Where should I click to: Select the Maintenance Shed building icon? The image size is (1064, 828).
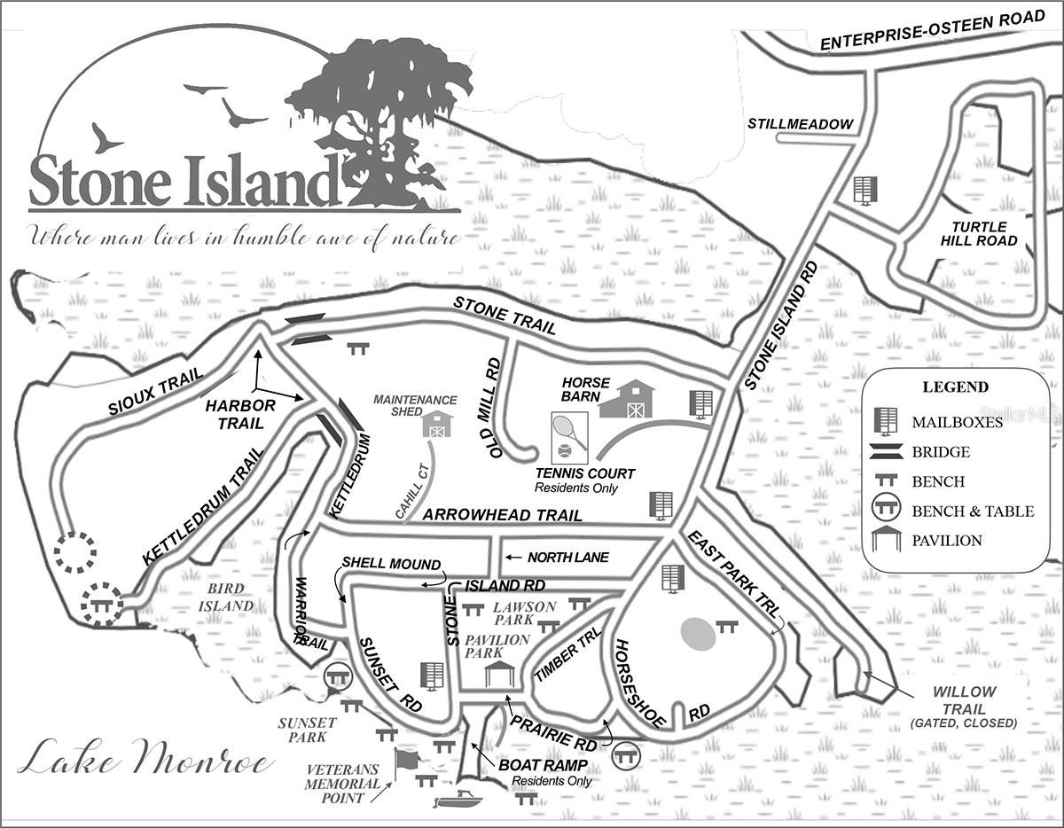(x=436, y=424)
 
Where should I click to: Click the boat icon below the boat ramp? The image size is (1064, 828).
(x=458, y=801)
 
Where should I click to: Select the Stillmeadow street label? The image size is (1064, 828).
(x=800, y=124)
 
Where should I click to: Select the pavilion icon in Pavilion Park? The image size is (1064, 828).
(x=499, y=673)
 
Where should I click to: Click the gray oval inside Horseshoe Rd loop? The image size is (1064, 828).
(x=698, y=634)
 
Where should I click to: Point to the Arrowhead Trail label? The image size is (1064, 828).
(x=502, y=515)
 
